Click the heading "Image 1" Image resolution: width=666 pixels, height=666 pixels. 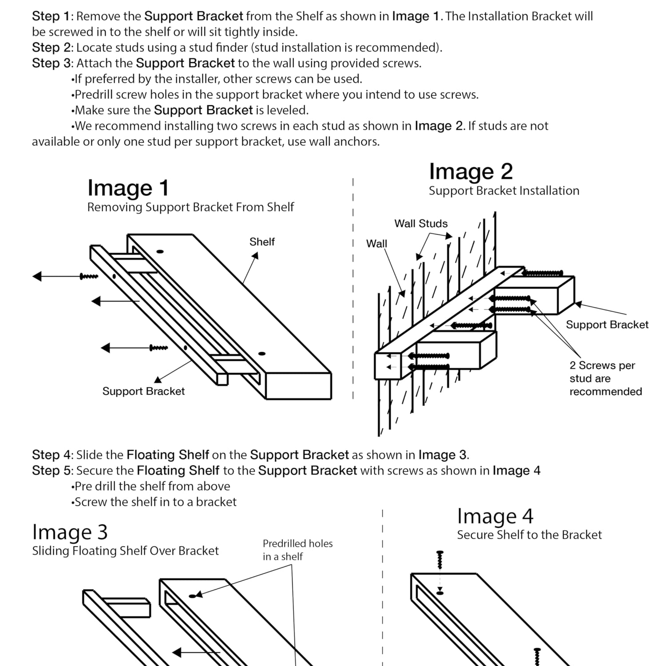128,188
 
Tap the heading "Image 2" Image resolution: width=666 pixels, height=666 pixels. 471,172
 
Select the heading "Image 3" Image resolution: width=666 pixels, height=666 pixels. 70,532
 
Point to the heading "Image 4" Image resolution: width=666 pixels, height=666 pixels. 495,516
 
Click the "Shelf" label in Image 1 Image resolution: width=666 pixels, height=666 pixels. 262,242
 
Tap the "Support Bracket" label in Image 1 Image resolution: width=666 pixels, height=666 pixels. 143,391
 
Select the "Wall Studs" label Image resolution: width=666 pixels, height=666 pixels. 421,224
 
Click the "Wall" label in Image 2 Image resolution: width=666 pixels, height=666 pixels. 377,244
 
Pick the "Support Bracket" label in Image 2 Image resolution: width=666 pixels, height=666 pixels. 607,325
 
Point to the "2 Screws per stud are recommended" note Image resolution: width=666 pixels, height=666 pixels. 606,378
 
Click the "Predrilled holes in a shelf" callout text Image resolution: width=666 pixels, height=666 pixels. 297,550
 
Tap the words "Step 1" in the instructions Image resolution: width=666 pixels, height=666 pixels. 51,16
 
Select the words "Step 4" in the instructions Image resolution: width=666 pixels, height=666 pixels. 51,455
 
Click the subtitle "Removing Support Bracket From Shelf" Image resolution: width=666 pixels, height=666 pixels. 190,207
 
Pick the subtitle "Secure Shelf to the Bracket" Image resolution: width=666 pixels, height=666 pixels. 529,535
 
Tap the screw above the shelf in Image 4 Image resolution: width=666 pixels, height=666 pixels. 440,560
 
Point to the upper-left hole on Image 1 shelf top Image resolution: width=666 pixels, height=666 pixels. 160,252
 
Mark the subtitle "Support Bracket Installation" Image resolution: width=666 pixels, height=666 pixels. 504,191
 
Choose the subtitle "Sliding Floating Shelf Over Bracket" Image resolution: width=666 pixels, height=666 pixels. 125,551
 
